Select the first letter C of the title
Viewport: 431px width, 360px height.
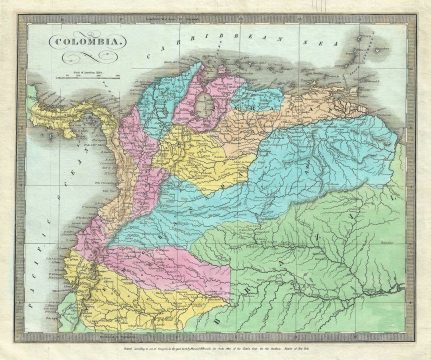click(x=47, y=43)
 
